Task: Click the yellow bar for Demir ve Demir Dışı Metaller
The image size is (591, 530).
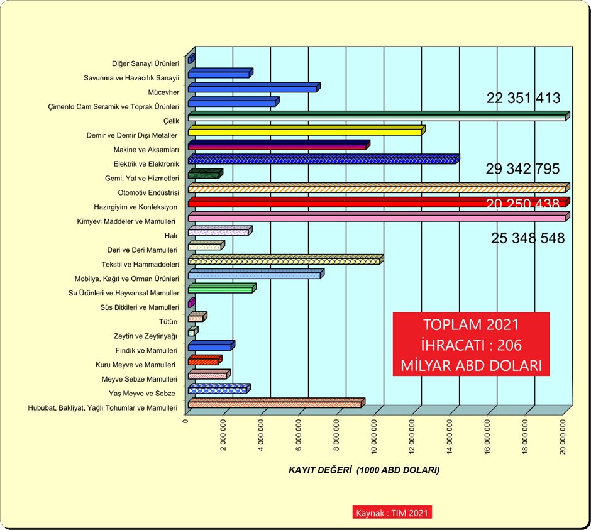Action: tap(306, 131)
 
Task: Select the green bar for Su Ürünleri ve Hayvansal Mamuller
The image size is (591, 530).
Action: tap(221, 289)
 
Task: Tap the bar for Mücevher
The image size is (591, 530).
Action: tap(253, 88)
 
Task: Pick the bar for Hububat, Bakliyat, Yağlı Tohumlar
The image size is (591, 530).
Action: tap(275, 404)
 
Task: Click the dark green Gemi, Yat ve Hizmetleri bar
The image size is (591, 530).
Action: tap(204, 174)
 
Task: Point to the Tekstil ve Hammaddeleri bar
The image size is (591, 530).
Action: tap(284, 260)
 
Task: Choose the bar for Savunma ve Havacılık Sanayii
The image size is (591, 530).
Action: tap(219, 74)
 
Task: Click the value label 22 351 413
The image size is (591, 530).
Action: tap(523, 98)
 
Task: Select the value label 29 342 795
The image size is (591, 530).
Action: tap(522, 169)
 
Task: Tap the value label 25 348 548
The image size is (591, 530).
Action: tap(527, 238)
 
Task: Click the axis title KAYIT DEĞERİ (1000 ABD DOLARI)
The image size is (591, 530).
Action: tap(363, 470)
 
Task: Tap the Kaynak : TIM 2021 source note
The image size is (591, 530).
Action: tap(392, 512)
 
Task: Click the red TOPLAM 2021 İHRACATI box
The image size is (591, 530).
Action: tap(471, 344)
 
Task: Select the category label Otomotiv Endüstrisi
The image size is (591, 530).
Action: tap(149, 192)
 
